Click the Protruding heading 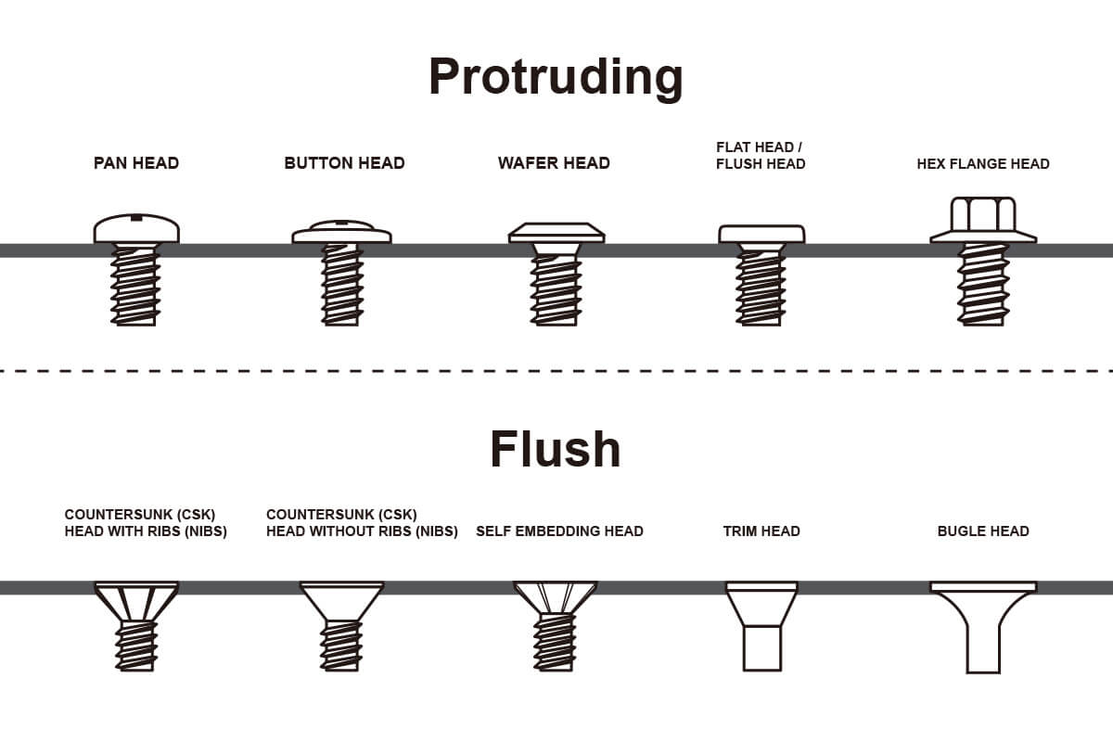[556, 77]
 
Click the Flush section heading [555, 449]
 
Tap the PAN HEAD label [136, 163]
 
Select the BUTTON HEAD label [344, 163]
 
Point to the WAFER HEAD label [554, 163]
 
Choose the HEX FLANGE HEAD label [983, 164]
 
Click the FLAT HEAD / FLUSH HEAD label [761, 156]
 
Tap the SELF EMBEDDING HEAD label [559, 531]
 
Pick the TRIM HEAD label [761, 531]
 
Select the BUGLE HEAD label [983, 531]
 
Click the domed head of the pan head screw [136, 229]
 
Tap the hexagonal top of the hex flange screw [983, 214]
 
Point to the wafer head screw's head [556, 233]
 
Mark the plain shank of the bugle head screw [983, 649]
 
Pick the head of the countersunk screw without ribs [341, 599]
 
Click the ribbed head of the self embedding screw [555, 597]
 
